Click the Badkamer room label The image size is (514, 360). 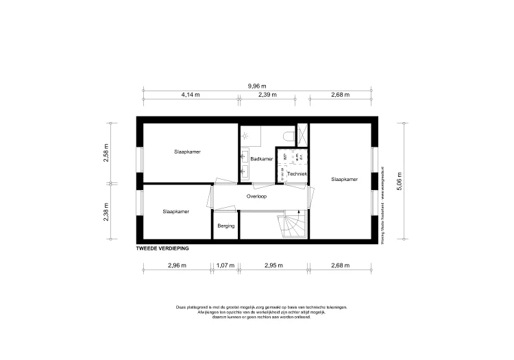[261, 159]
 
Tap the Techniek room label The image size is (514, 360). [297, 174]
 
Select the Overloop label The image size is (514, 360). [256, 196]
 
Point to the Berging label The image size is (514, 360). [225, 226]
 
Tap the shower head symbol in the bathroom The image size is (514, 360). [247, 134]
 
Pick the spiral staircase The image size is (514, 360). [292, 227]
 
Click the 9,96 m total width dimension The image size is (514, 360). [257, 86]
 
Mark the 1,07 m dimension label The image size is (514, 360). [225, 265]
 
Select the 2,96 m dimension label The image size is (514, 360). [176, 265]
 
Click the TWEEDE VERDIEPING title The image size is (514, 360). [162, 248]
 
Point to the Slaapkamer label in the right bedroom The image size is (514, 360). [344, 180]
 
